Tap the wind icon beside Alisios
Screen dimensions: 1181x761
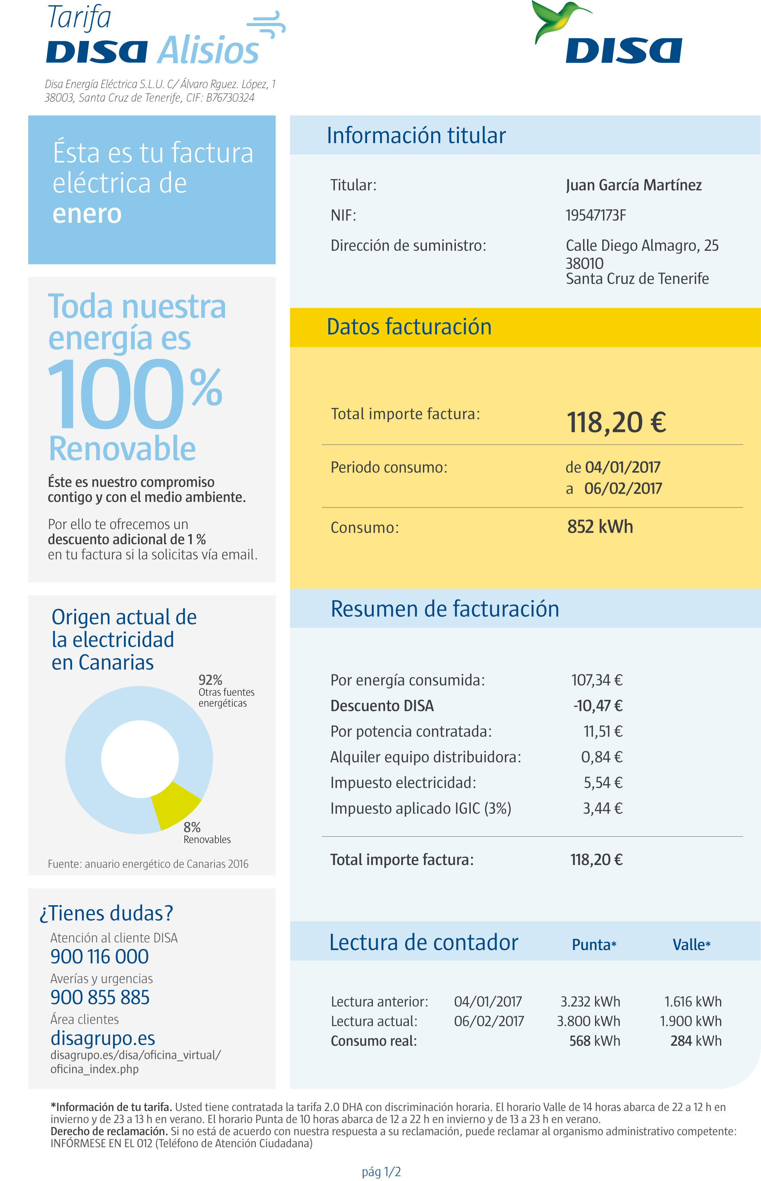coord(266,25)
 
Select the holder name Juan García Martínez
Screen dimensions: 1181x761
coord(633,185)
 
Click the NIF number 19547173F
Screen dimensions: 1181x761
coord(595,216)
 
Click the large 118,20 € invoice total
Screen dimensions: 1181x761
coord(616,423)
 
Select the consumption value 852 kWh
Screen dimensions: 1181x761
coord(600,527)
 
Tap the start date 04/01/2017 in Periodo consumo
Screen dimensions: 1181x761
coord(623,467)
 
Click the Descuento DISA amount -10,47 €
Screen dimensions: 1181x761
coord(598,706)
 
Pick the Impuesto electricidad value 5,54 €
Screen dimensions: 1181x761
coord(603,783)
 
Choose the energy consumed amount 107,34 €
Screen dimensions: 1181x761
coord(597,680)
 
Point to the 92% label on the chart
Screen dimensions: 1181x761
coord(211,680)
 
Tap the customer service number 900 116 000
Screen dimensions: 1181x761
coord(99,957)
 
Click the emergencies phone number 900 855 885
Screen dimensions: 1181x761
coord(100,997)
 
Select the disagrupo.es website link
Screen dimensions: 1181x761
coord(103,1038)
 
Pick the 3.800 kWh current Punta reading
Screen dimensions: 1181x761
coord(588,1021)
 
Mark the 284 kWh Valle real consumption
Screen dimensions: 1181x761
coord(696,1041)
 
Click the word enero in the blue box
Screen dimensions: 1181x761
coord(87,213)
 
